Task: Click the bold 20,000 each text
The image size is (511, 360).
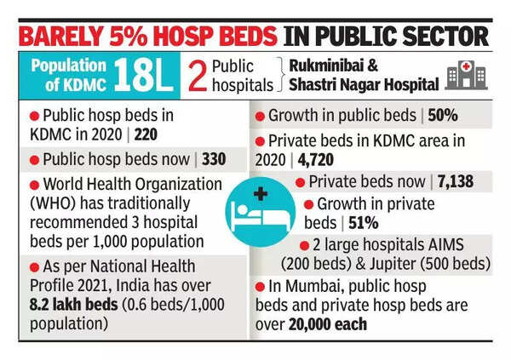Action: click(330, 324)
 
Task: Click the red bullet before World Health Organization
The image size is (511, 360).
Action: click(35, 183)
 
